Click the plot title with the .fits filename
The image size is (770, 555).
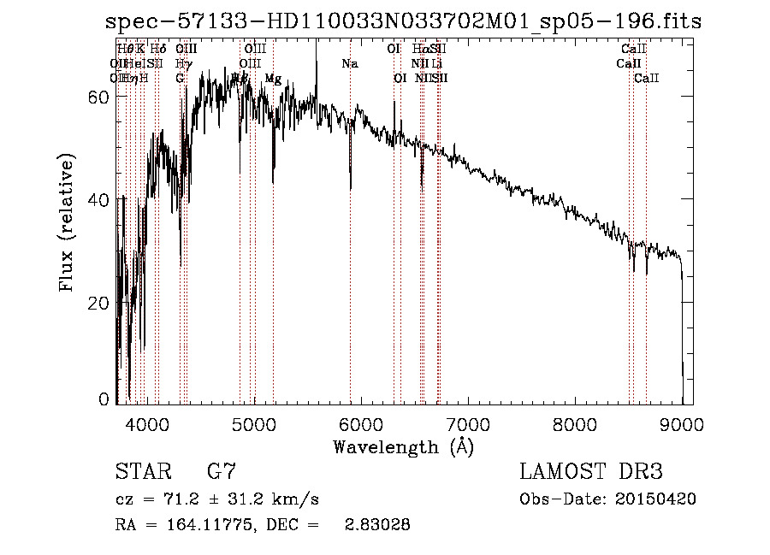click(x=403, y=22)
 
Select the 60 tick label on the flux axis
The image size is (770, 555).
click(x=100, y=97)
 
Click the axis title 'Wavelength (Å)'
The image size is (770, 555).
click(x=403, y=446)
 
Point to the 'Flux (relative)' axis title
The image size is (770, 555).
click(x=68, y=222)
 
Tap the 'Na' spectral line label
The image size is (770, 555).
click(x=350, y=64)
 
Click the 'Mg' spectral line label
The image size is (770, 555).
click(x=273, y=79)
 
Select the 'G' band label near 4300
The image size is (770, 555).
click(x=181, y=79)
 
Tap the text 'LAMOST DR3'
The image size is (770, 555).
click(x=591, y=473)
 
